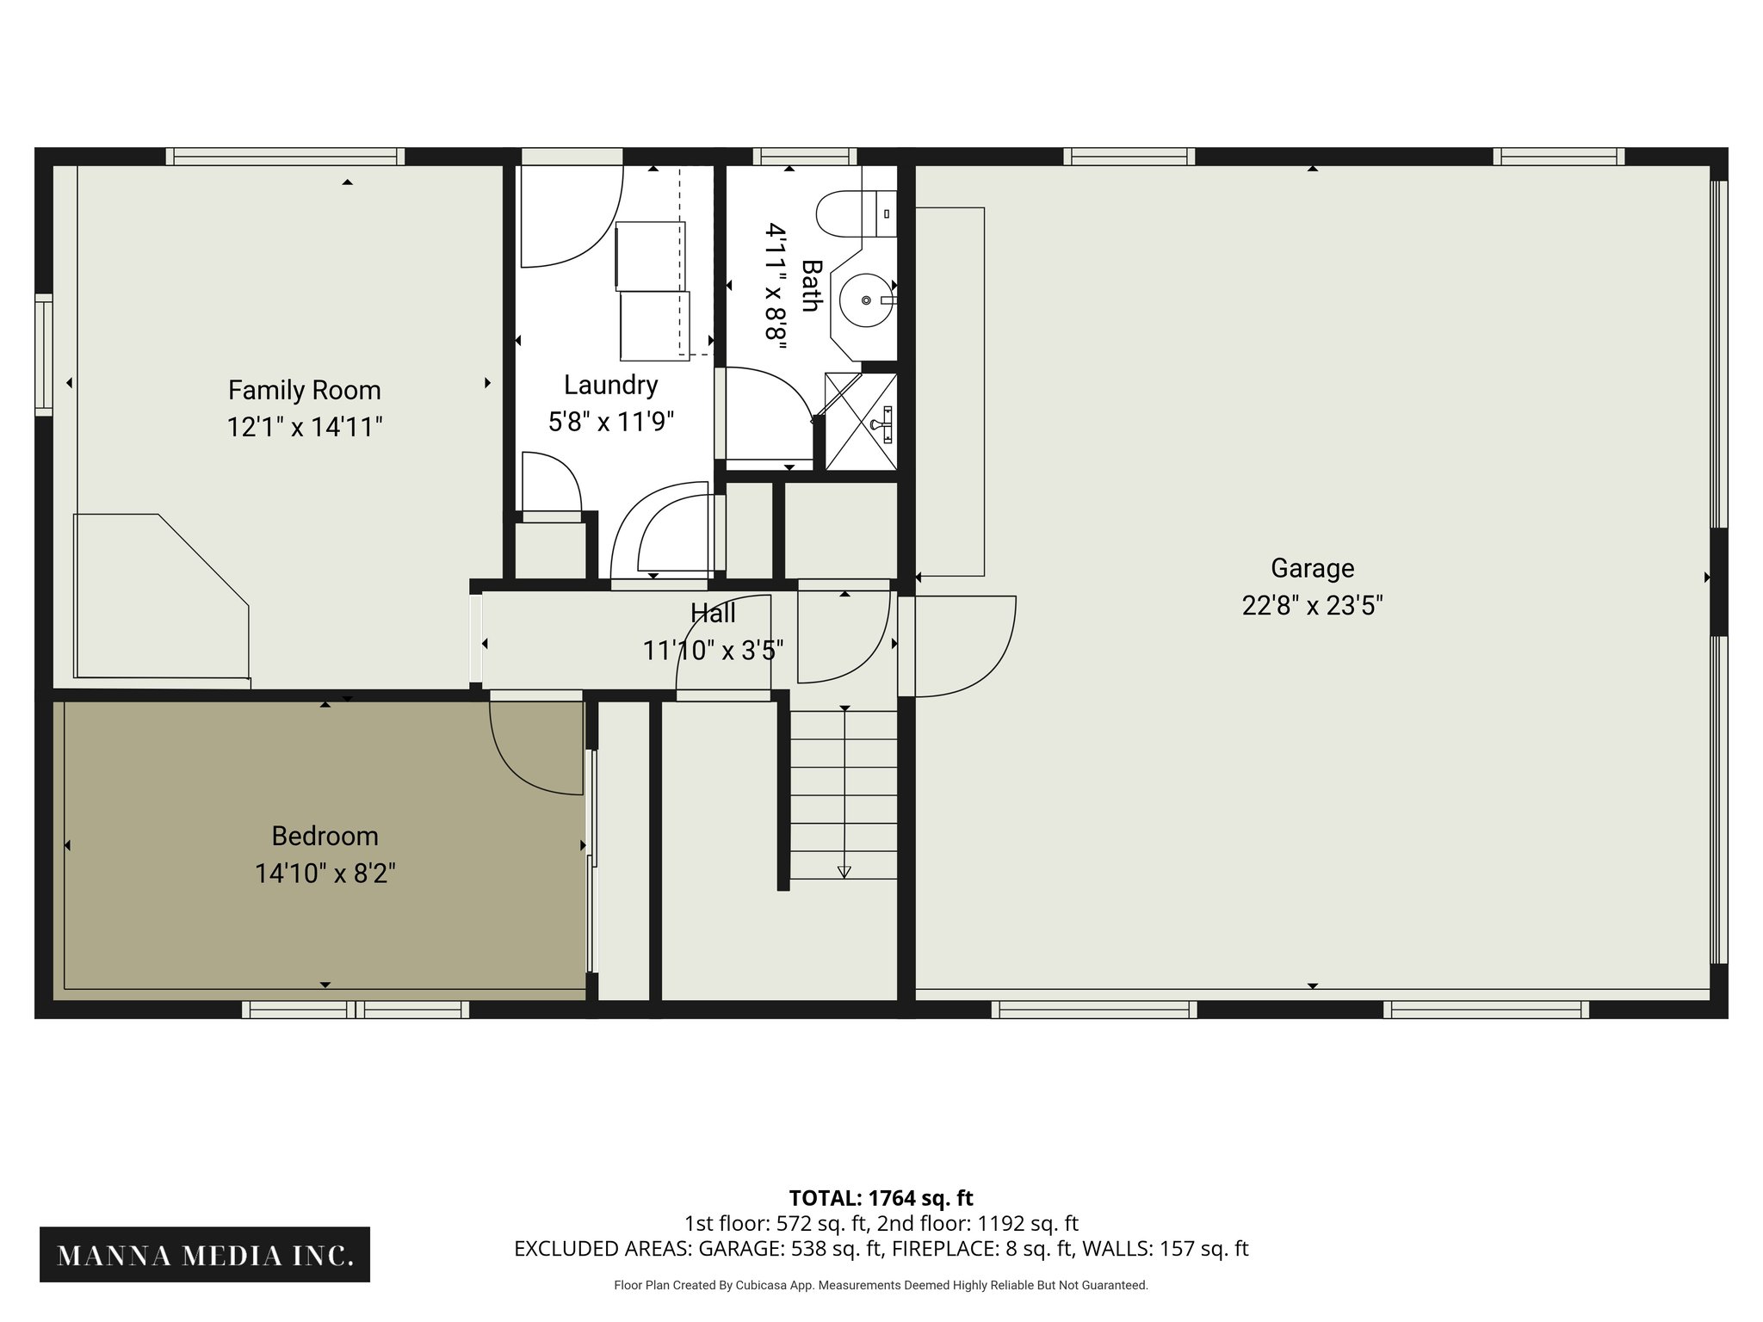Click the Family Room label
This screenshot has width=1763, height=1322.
[x=304, y=390]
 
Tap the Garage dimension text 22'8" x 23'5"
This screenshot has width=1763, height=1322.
[x=1312, y=606]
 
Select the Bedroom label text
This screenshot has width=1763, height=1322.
[x=325, y=836]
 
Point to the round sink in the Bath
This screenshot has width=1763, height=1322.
[x=865, y=300]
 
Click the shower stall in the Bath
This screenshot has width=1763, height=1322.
[x=860, y=422]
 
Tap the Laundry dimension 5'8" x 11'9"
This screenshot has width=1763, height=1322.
[x=610, y=422]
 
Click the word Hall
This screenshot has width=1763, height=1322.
[x=713, y=614]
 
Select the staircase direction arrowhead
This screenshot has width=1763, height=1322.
[x=844, y=872]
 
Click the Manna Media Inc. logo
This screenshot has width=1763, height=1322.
[x=205, y=1256]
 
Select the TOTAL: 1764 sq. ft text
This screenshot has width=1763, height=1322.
[x=881, y=1198]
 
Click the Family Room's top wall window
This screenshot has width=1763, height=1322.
[x=285, y=157]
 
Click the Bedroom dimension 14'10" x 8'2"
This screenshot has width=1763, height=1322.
[x=325, y=874]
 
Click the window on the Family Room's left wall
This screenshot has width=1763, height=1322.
[x=43, y=355]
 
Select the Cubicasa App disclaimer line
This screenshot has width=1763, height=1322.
[x=881, y=1285]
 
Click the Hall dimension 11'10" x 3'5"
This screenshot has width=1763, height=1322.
[x=713, y=651]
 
